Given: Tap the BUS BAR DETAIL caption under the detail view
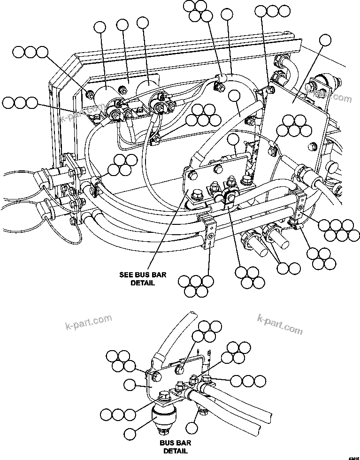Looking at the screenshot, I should point(175,447).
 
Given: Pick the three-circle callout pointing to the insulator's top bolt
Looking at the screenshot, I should point(118,414).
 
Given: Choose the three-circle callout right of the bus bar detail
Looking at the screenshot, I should point(244,379).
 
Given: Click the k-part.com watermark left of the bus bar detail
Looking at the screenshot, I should point(88,323).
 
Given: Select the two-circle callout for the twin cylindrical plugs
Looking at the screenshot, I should point(288,268).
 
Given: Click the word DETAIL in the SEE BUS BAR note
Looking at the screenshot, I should point(142,283).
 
